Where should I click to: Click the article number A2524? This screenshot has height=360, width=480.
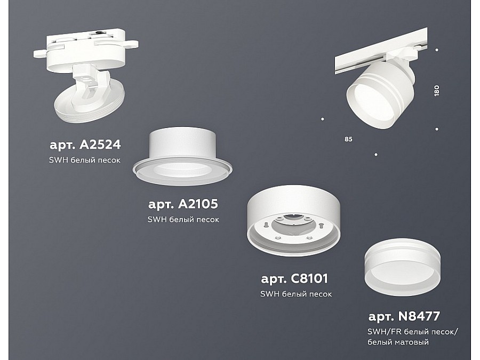[85, 145]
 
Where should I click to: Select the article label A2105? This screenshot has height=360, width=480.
[183, 204]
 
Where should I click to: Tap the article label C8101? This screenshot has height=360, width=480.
[294, 278]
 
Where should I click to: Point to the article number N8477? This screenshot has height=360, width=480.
[404, 316]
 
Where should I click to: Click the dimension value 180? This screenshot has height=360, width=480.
[436, 91]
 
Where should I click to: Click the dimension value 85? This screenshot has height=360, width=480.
[348, 139]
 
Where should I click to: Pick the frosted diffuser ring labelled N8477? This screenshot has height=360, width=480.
[403, 267]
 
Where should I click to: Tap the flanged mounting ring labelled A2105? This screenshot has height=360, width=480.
[182, 156]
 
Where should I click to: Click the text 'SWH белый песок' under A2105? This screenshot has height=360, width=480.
[183, 220]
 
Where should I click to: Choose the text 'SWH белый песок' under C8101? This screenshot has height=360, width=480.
[296, 294]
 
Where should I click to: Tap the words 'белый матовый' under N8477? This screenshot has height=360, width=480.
[398, 342]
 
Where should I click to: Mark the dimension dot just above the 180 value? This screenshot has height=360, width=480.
[437, 50]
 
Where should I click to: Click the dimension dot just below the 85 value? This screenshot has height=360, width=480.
[376, 155]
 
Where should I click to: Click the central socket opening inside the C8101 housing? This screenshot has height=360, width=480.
[292, 223]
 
